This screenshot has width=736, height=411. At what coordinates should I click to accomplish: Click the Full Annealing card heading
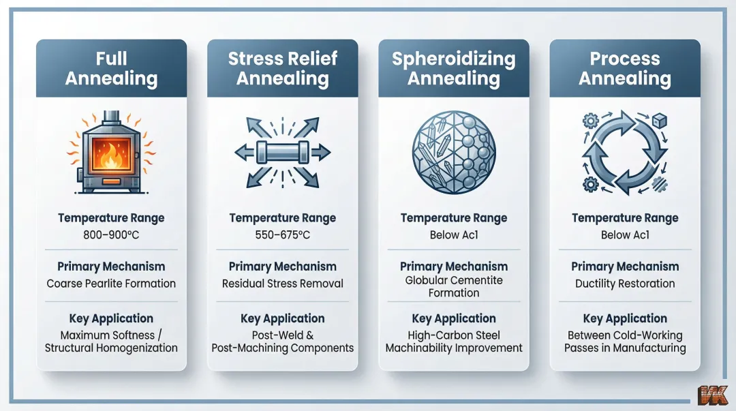click(x=111, y=68)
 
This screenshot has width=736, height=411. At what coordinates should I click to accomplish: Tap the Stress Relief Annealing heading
click(x=283, y=68)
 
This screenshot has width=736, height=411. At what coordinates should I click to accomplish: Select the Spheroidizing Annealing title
click(x=454, y=68)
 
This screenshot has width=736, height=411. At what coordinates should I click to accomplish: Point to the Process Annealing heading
click(x=625, y=68)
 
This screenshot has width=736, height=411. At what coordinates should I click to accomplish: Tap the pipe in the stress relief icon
click(x=282, y=151)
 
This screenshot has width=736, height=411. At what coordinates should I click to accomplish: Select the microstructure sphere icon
click(x=454, y=151)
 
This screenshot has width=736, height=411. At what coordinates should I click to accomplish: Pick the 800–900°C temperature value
click(x=111, y=235)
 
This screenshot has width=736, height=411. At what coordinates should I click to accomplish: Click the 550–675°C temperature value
click(x=283, y=235)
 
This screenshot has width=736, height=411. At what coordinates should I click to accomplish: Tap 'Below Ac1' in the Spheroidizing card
click(x=454, y=235)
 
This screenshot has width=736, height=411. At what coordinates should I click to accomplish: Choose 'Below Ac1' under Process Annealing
click(x=625, y=235)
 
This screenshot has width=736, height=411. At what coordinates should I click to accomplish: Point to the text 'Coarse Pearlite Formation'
click(x=111, y=284)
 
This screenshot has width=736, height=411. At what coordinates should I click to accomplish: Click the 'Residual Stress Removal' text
click(x=283, y=284)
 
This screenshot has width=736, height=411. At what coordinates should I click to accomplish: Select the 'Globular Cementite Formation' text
click(x=454, y=287)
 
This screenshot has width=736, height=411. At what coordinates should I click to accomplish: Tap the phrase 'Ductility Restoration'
click(x=625, y=284)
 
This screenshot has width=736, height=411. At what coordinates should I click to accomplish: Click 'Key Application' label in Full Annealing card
click(x=111, y=318)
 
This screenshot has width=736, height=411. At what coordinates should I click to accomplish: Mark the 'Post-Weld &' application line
click(x=283, y=335)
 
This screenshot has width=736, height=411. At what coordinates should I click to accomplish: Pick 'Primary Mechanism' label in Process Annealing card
click(x=625, y=267)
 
